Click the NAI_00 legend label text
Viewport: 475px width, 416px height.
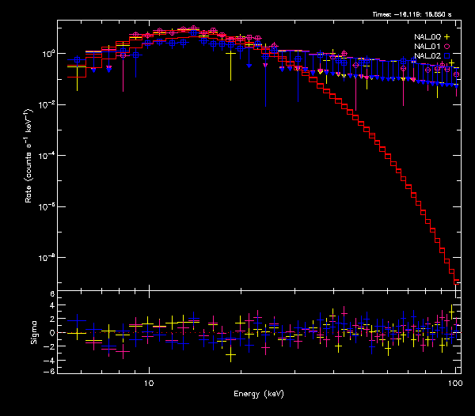(427, 36)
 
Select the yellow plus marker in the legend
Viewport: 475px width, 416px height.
(447, 36)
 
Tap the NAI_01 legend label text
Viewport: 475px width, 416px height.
(427, 46)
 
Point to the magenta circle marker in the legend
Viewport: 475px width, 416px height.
(447, 46)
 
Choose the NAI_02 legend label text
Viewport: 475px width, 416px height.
(427, 55)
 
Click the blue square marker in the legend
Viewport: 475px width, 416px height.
(447, 55)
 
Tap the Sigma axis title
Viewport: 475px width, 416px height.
(33, 333)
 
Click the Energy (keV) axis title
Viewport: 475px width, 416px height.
(258, 393)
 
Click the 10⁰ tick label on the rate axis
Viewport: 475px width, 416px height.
(46, 54)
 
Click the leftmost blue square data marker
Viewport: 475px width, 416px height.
(77, 59)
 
